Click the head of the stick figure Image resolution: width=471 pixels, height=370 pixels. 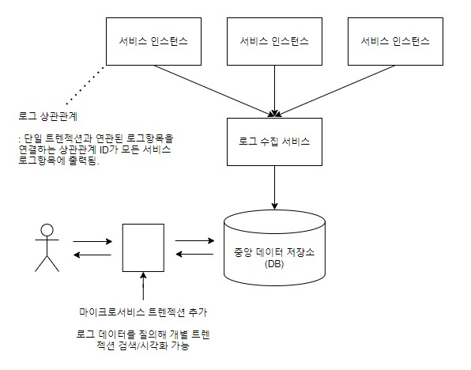[x=47, y=230]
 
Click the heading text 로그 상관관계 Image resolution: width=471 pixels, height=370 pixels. [x=48, y=116]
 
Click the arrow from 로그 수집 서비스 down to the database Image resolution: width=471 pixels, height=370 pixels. [x=274, y=187]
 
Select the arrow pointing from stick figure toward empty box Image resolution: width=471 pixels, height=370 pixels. [x=92, y=241]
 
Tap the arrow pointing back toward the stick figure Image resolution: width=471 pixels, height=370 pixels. [x=92, y=255]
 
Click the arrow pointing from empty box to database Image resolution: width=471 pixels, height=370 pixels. [x=194, y=240]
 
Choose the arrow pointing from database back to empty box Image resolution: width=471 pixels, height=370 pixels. [x=194, y=254]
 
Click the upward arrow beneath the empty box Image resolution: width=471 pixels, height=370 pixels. [x=143, y=286]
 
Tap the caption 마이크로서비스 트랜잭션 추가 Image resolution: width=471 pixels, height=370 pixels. [x=143, y=312]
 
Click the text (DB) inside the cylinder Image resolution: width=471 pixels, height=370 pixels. [x=274, y=264]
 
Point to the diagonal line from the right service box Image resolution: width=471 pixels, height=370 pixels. [x=336, y=91]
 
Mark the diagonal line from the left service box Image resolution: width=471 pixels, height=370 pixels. [x=213, y=91]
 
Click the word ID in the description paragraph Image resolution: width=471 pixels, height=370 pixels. [x=104, y=149]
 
